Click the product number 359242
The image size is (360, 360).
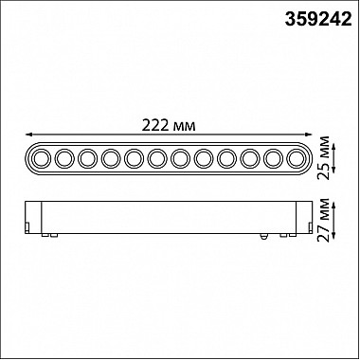[318, 20]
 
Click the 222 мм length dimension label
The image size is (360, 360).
[169, 125]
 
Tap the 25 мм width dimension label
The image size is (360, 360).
[324, 158]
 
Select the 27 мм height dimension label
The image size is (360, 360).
[324, 220]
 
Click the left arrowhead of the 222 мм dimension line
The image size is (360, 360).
[28, 135]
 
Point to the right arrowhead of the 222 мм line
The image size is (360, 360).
[309, 135]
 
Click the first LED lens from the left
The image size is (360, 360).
[42, 158]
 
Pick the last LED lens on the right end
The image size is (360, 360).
[297, 158]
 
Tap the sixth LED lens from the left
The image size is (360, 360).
[157, 158]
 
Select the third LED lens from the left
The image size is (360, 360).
[88, 158]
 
